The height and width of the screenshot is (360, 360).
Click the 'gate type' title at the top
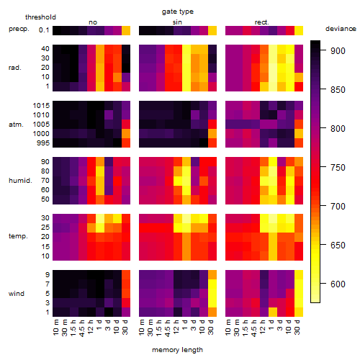tap(178, 12)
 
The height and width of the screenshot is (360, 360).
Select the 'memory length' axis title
tap(177, 350)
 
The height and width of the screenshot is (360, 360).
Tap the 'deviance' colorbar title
tap(341, 29)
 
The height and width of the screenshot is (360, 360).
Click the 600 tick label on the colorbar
tap(338, 284)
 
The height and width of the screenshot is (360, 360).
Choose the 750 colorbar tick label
tap(338, 167)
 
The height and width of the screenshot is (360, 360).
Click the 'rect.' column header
tap(262, 22)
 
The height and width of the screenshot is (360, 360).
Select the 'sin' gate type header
tap(177, 22)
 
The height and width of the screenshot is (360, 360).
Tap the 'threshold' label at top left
tap(40, 17)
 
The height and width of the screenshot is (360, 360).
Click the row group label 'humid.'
tap(20, 181)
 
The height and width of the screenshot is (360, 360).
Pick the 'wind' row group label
tap(17, 294)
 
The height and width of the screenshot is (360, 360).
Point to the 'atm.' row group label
tap(16, 125)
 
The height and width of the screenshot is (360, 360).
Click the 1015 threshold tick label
tap(41, 106)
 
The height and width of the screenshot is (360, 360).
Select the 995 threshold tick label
tap(43, 143)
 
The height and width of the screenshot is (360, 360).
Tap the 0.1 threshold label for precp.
tap(44, 30)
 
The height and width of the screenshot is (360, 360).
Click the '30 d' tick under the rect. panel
tap(297, 327)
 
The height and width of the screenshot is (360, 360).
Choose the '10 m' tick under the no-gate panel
tap(55, 327)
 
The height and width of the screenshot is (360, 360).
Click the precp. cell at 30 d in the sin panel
tap(212, 31)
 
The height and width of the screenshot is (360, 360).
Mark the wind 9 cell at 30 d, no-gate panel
tap(126, 275)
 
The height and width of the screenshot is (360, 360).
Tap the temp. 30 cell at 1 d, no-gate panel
tap(100, 218)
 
